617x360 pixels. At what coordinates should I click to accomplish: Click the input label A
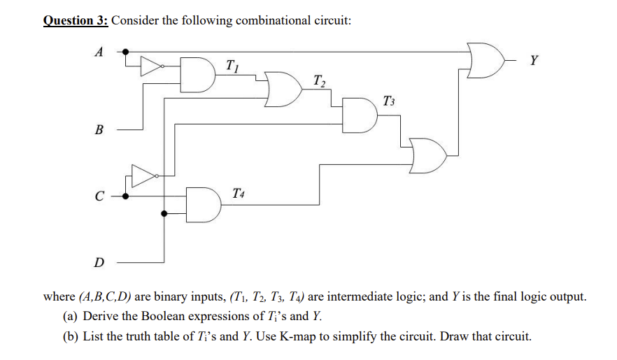click(x=99, y=51)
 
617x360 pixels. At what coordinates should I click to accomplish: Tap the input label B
click(x=99, y=129)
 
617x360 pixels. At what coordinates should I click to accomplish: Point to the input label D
click(x=99, y=263)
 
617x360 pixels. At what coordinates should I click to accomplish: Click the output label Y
click(x=534, y=60)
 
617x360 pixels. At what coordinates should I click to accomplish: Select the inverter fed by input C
click(x=142, y=176)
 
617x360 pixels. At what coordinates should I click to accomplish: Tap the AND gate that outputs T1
click(x=198, y=75)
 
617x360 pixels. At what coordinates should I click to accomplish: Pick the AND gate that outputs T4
click(x=203, y=204)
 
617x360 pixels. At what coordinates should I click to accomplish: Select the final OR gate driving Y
click(x=487, y=59)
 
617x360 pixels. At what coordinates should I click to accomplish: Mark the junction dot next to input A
click(x=126, y=51)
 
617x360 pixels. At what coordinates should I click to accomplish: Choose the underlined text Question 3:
click(x=75, y=20)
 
